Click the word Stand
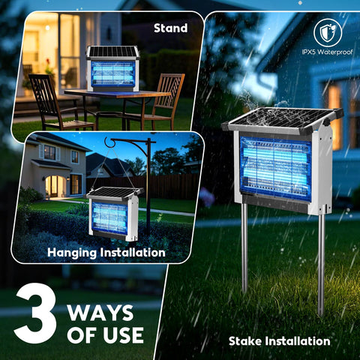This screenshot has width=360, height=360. click(x=170, y=28)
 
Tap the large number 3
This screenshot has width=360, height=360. click(x=35, y=313)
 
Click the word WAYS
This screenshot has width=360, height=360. click(x=100, y=313)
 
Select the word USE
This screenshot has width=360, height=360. click(x=124, y=335)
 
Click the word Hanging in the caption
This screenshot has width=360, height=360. click(x=72, y=253)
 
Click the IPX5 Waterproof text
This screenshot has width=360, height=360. click(x=327, y=52)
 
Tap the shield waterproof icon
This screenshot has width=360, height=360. click(x=328, y=33)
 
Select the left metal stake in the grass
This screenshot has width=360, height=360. click(x=244, y=248)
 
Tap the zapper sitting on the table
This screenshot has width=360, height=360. click(x=112, y=69)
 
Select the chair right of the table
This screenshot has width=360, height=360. click(x=163, y=100)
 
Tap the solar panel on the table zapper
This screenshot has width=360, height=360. click(x=112, y=52)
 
